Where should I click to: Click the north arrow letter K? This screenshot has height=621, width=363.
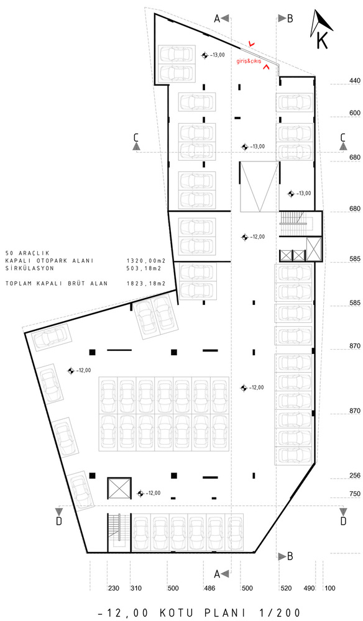click(323, 40)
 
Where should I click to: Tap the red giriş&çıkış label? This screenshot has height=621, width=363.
click(249, 61)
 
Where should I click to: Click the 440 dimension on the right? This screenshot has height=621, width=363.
click(355, 81)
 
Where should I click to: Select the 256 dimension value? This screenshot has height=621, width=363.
click(355, 476)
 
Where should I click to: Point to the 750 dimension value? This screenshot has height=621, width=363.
click(355, 494)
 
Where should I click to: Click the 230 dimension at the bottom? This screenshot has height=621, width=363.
click(113, 588)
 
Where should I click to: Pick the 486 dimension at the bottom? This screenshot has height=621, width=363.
click(209, 588)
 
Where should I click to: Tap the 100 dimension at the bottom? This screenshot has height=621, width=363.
click(329, 588)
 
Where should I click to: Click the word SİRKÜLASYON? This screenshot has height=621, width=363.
click(30, 268)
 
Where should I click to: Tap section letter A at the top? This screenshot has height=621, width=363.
click(217, 19)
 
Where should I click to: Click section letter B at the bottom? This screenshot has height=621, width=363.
click(290, 556)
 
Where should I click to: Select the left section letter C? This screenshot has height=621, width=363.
click(136, 137)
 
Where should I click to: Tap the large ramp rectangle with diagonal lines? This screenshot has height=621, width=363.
click(257, 186)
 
